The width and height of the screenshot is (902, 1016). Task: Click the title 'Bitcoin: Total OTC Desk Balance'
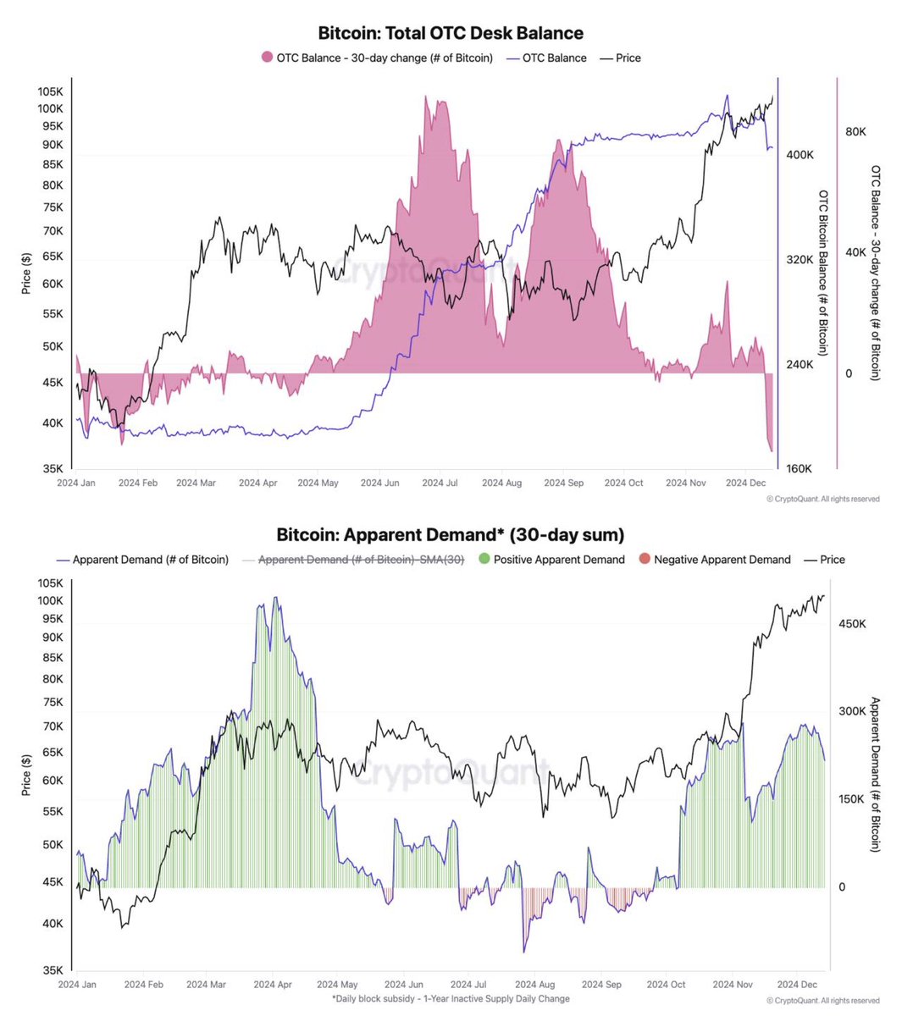(451, 34)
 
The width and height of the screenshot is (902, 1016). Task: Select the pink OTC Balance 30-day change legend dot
(268, 58)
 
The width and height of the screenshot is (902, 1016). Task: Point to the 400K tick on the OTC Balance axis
(800, 155)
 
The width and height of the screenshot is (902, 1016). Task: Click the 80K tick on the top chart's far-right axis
(855, 132)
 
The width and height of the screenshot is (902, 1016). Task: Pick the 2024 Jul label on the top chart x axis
(440, 483)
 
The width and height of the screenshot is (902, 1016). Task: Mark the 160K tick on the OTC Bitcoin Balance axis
(800, 468)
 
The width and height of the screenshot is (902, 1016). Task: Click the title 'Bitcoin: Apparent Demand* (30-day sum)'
(451, 535)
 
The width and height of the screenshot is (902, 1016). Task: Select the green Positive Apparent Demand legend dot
(484, 560)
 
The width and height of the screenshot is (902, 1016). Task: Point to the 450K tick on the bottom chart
(852, 623)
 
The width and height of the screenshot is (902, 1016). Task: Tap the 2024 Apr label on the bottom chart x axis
(274, 985)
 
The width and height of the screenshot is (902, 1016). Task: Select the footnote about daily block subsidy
(451, 999)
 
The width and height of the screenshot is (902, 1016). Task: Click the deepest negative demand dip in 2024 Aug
(524, 952)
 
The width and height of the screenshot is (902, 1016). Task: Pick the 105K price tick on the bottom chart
(51, 583)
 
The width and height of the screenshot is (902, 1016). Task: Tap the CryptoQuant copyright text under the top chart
(822, 500)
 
